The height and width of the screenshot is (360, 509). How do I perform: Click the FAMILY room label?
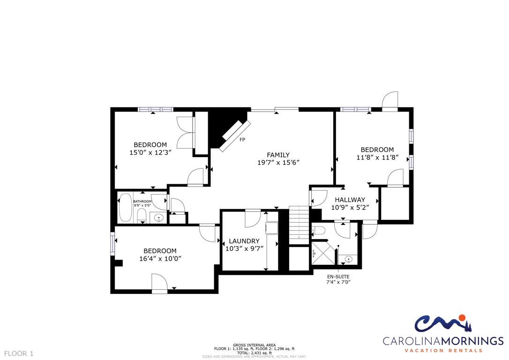tap(278, 155)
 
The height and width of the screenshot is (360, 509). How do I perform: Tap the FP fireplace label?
tap(242, 140)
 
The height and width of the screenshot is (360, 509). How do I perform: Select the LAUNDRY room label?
tap(244, 241)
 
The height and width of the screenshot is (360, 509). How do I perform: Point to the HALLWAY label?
tap(350, 200)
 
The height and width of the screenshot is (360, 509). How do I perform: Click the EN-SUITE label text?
tap(338, 277)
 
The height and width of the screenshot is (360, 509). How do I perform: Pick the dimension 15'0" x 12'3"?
tap(150, 152)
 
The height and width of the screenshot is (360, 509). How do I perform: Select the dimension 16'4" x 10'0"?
tap(160, 258)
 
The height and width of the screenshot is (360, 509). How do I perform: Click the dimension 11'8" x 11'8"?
tap(377, 157)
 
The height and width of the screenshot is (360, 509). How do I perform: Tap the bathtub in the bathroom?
tap(125, 208)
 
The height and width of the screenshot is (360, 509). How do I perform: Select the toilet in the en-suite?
tap(319, 231)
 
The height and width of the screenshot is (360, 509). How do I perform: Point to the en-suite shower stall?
tap(322, 253)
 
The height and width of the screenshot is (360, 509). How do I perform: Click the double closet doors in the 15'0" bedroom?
tap(185, 132)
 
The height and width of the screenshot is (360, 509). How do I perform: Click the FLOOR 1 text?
tap(19, 353)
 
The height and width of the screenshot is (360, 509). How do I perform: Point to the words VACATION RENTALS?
tap(443, 351)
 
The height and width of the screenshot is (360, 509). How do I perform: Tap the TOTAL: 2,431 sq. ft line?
tap(254, 352)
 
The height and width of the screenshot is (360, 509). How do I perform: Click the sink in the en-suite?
tap(348, 259)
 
